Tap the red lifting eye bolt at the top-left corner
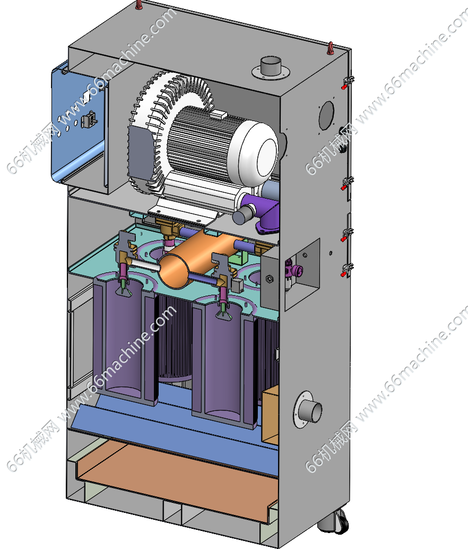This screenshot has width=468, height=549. point(139,5)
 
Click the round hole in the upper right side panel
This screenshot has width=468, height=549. point(326,115)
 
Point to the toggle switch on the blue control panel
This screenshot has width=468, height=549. point(89,120)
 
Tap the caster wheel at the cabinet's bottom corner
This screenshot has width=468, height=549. point(336,523)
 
